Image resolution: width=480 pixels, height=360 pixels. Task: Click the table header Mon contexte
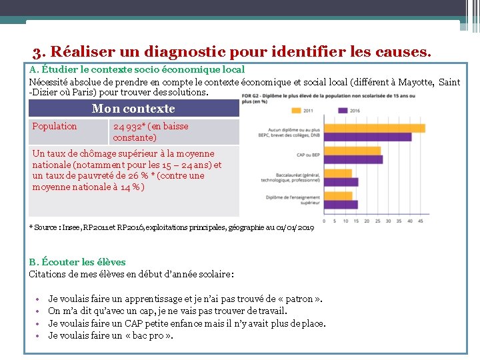coord(133,109)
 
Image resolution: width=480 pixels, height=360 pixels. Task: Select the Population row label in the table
coord(55,126)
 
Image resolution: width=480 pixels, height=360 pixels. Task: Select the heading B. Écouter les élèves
coord(77,262)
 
